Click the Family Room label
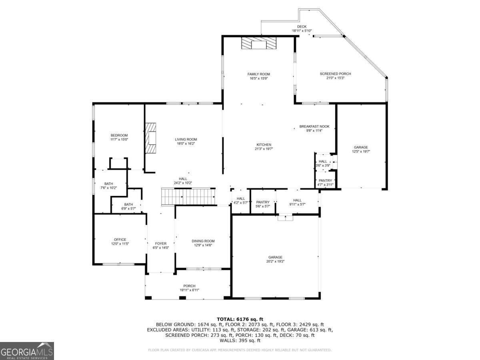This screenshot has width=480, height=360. [258, 74]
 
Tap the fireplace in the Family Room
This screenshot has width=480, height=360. [259, 43]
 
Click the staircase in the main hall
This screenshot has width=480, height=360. [188, 196]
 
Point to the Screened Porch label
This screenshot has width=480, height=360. [335, 74]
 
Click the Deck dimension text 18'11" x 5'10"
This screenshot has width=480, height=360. [302, 31]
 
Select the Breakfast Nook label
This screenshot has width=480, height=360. [314, 126]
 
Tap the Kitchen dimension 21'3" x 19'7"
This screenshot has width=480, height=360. [264, 149]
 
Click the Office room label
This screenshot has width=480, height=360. [120, 240]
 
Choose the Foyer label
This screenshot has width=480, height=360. [161, 244]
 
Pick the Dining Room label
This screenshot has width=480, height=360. [203, 241]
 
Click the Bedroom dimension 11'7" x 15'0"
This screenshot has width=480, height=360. [119, 140]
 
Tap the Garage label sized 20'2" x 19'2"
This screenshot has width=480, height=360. [275, 257]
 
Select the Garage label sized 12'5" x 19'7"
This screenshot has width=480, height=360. [361, 147]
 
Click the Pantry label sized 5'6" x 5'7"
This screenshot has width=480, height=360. [263, 202]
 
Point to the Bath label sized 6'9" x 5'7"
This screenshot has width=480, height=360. [128, 204]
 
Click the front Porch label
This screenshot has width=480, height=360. [189, 286]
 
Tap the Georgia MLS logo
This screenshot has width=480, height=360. [27, 351]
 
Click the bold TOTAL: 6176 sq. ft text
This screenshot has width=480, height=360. [240, 319]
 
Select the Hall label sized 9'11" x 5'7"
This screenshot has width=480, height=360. [297, 200]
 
